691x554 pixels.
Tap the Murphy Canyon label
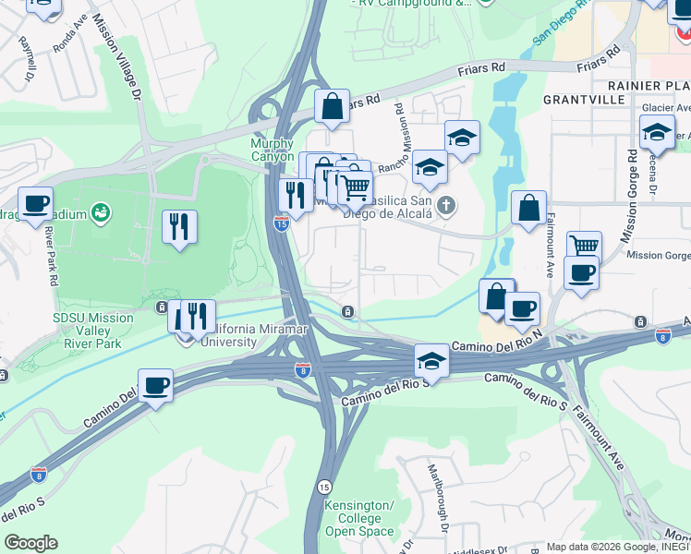(x=273, y=150)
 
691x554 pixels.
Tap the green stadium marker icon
(x=101, y=214)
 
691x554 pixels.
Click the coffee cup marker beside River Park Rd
(x=35, y=204)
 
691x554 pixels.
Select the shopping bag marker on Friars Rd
(x=332, y=106)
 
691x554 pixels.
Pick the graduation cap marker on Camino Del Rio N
(x=430, y=360)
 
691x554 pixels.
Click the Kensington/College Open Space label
(x=359, y=518)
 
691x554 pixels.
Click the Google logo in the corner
(x=30, y=543)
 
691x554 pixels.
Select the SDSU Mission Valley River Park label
(x=92, y=331)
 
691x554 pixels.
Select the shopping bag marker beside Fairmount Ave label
(x=528, y=208)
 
